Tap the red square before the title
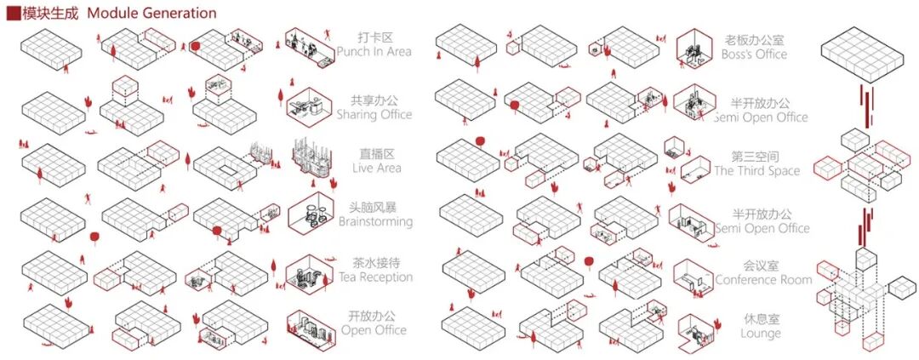coord(13,14)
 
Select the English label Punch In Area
coord(374,52)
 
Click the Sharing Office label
coord(374,115)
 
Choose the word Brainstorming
coord(374,222)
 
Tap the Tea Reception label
coord(374,277)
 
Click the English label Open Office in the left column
coord(374,330)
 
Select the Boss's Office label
coord(756,54)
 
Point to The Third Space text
coord(756,171)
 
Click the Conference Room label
coord(763,280)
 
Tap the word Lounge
coord(760,334)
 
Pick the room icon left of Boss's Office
coord(693,49)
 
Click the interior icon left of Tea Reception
coord(304,271)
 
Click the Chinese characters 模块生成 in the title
coord(49,14)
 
